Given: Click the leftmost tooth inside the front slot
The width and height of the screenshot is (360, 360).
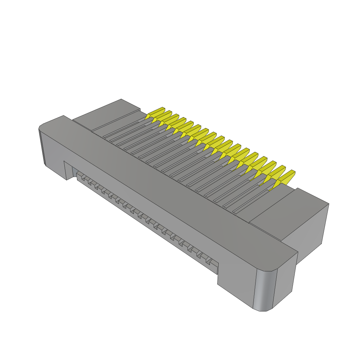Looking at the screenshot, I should (80, 175).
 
